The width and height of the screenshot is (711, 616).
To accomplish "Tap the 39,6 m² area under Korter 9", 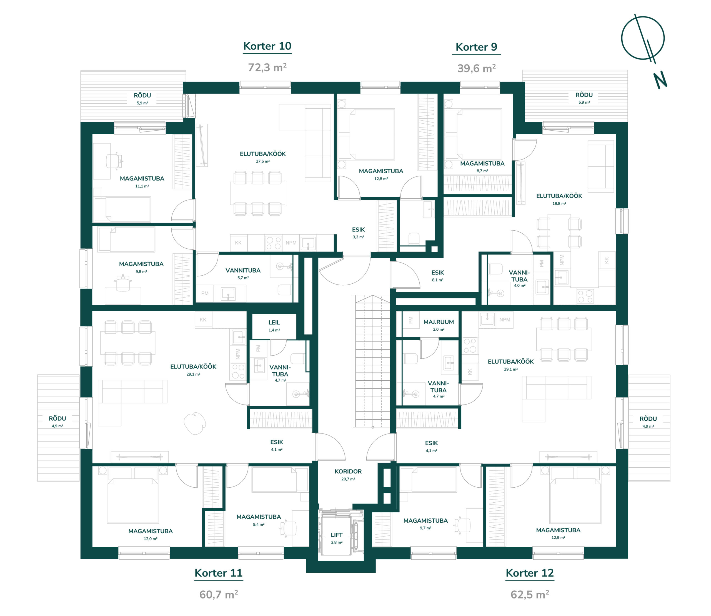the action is pos(476,68).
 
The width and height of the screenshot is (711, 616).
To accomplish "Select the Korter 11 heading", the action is pos(218,573).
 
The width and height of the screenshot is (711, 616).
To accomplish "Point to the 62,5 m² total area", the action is pos(530,594).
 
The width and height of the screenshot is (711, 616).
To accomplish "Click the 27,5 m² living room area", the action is pos(262,161).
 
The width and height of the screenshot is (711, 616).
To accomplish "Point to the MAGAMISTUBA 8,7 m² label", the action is pos(482,167).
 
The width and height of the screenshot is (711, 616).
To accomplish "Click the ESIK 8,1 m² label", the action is pos(437,276).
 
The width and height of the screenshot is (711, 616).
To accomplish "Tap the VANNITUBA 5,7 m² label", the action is pos(243,274).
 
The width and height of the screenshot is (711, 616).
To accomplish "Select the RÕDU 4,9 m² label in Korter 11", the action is pos(57,422).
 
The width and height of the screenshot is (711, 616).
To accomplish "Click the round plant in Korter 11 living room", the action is pos(195,423).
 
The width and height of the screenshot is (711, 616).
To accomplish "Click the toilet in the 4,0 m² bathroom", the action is pos(495,269).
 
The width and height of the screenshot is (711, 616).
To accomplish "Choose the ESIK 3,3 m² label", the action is pos(358,233).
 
